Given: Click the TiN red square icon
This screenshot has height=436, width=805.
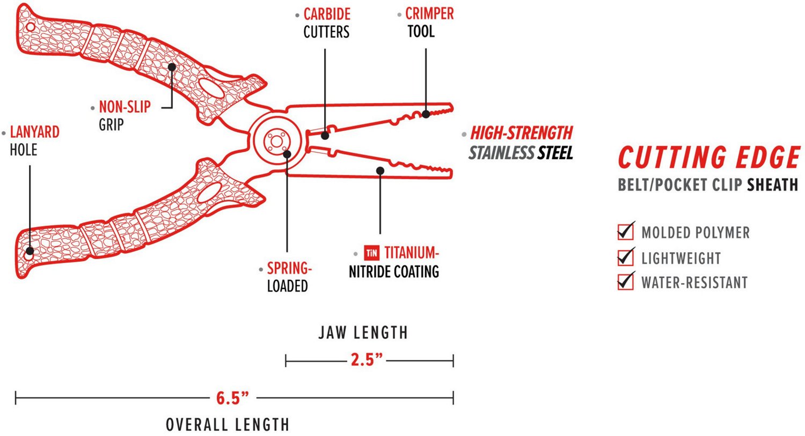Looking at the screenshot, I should coord(371,253).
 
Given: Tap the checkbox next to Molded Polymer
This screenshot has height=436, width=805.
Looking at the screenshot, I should coord(625,232).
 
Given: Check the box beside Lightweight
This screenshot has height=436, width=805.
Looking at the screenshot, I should coord(625,257).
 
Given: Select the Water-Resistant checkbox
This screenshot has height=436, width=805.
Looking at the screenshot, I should coord(625,282).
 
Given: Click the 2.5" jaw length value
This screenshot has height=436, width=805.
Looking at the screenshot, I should coord(367,360).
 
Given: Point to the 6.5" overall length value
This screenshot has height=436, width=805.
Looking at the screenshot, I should coord(232,398).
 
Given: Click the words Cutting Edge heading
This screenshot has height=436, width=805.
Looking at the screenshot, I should coord(708,158).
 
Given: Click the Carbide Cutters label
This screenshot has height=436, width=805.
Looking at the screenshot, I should coord(326,23).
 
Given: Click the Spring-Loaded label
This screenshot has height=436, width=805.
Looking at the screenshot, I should coord(289,277).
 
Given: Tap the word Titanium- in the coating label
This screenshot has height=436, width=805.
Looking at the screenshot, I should coord(411,253).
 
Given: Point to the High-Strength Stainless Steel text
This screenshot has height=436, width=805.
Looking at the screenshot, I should coord(521,143).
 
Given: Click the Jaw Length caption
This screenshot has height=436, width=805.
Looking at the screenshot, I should coord(363,332).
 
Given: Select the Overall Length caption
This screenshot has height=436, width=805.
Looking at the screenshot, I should coord(228,425).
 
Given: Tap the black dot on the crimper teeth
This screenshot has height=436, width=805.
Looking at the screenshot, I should coord(426,114).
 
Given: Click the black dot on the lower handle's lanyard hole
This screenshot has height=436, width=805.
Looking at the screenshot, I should coord(30,251).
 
